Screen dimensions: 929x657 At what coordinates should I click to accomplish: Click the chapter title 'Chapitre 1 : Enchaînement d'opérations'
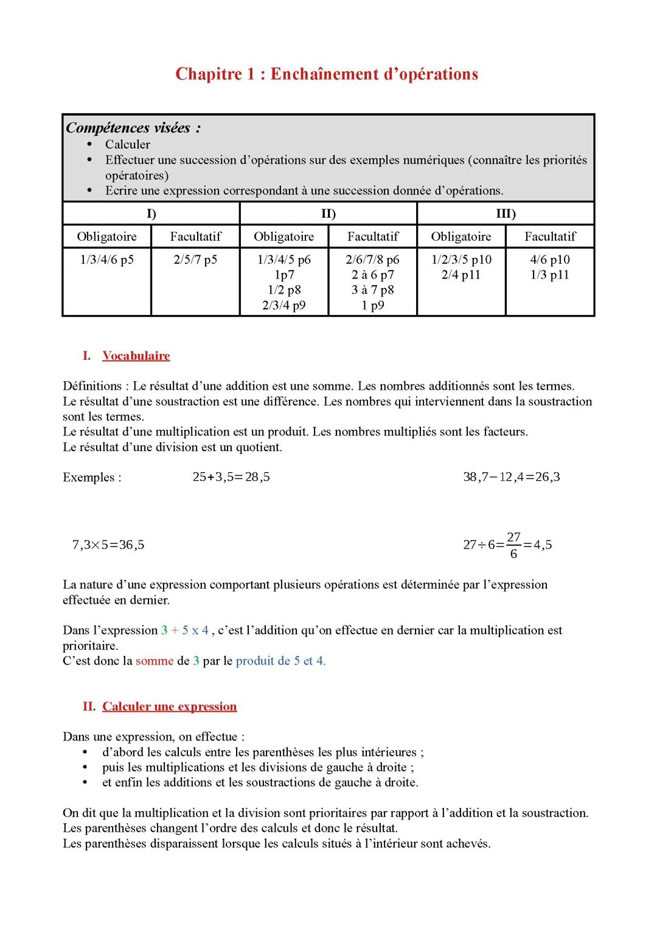(327, 74)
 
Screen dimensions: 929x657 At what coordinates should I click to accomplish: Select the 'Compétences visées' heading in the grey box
(133, 128)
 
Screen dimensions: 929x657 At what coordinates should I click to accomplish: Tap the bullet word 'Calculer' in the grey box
(127, 144)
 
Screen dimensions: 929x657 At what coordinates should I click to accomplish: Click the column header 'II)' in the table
(328, 213)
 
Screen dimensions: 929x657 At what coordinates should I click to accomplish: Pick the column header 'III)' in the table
(506, 213)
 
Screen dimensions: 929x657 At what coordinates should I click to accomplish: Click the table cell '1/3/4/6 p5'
(107, 260)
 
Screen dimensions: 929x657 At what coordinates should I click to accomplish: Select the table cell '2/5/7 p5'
(195, 260)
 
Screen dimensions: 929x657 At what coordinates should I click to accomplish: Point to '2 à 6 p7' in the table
(372, 275)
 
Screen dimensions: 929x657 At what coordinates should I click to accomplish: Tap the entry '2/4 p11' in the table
(461, 275)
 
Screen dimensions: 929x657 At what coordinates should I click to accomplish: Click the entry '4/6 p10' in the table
(550, 260)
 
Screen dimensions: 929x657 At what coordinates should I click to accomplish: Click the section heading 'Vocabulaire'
(136, 356)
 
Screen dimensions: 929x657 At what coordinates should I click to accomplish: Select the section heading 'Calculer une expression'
(169, 706)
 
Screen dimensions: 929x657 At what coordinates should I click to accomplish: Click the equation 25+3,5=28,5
(231, 477)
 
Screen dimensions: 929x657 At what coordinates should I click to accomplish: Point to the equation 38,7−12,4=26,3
(511, 477)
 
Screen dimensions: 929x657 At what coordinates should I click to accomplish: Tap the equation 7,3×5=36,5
(108, 545)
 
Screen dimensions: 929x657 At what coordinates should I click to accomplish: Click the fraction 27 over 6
(513, 545)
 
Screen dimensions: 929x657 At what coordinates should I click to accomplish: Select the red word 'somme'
(155, 661)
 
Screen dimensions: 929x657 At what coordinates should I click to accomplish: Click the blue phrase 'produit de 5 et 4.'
(280, 661)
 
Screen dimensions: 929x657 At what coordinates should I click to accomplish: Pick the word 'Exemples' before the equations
(89, 477)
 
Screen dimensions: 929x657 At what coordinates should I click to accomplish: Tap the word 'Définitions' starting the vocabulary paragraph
(92, 386)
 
